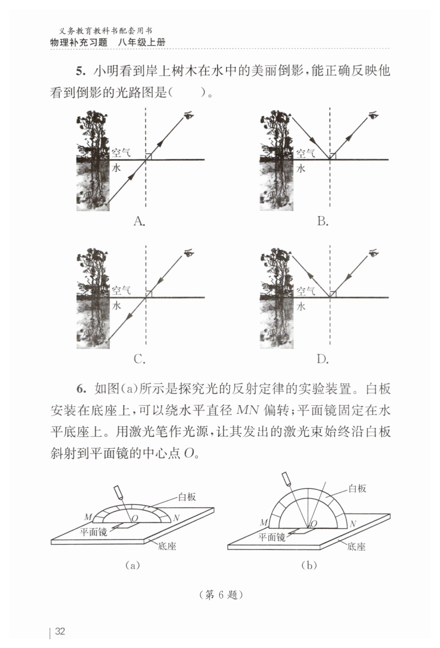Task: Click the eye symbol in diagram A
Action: [189, 115]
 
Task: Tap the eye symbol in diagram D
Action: [373, 253]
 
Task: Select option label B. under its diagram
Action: [323, 222]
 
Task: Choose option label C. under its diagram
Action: [139, 359]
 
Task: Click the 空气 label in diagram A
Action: [121, 153]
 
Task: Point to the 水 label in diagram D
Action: [301, 306]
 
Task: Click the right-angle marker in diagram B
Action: [333, 156]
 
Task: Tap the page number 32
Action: [60, 631]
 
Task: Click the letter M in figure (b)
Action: [264, 523]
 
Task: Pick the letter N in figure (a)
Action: [176, 518]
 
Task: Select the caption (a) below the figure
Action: [133, 565]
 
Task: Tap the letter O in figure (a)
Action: [135, 518]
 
